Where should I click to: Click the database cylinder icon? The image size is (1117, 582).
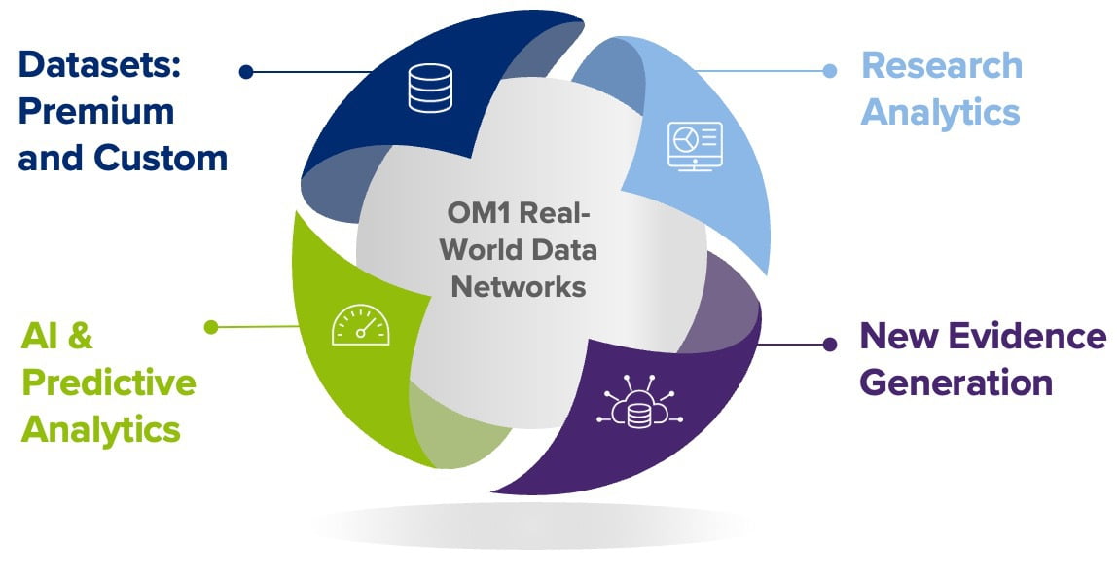[430, 89]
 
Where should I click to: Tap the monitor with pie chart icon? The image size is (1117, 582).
[695, 146]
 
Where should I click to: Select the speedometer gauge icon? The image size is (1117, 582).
[360, 325]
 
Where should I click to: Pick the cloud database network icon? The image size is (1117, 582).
[639, 402]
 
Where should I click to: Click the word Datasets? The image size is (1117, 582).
[99, 65]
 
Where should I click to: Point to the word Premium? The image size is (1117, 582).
[96, 112]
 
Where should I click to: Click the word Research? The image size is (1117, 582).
[942, 65]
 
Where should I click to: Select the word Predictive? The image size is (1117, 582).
[109, 382]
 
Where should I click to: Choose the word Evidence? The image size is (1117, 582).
[1027, 336]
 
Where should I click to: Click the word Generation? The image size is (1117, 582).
[956, 382]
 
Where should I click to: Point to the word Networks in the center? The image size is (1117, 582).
[519, 286]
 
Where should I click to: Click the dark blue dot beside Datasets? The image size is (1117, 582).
[246, 72]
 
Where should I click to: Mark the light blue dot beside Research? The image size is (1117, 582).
[829, 70]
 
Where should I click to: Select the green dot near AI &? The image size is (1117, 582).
[211, 327]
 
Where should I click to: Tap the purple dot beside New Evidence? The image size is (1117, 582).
[829, 345]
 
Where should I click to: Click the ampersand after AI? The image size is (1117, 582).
[81, 336]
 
